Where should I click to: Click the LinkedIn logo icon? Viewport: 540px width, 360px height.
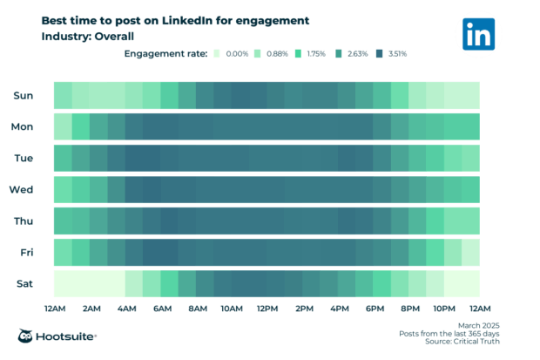[x=478, y=34]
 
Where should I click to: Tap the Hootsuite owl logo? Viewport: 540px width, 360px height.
[x=27, y=336]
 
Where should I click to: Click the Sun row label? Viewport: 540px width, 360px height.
[x=24, y=95]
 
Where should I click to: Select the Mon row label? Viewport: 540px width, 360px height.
[x=23, y=126]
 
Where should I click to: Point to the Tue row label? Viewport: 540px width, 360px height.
[x=24, y=158]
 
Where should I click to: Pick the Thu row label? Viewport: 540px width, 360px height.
[x=24, y=221]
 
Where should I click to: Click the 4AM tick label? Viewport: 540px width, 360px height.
[x=125, y=309]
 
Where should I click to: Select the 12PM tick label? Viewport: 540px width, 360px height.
[x=267, y=309]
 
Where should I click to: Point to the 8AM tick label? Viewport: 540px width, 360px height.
[x=197, y=309]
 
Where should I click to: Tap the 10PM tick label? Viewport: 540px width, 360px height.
[x=444, y=309]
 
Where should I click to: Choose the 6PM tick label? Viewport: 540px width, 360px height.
[x=374, y=309]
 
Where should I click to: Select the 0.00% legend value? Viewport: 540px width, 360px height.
[x=236, y=54]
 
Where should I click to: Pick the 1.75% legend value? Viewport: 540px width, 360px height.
[x=315, y=54]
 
